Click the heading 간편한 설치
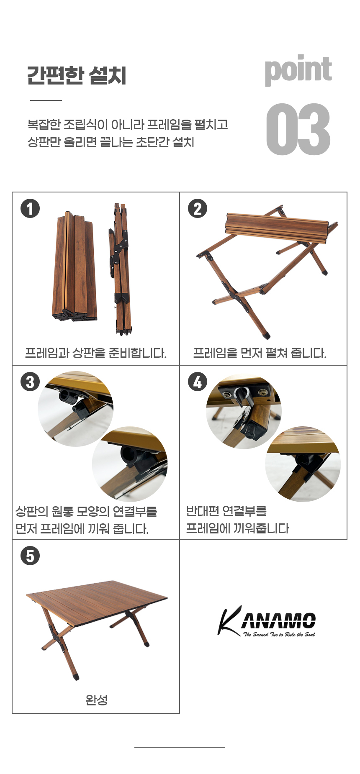[x=77, y=76]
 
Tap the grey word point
[x=298, y=70]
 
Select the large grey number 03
[x=298, y=129]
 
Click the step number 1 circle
[x=30, y=209]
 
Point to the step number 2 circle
[x=198, y=209]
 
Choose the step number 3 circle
[x=30, y=382]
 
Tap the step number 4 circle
[x=198, y=382]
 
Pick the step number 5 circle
[x=30, y=556]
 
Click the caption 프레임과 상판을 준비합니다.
[x=96, y=353]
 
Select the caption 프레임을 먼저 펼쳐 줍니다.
[x=260, y=353]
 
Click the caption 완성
[x=96, y=700]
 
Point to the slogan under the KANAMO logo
[x=279, y=634]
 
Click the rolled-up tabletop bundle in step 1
[x=75, y=267]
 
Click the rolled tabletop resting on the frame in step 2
[x=276, y=228]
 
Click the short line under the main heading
[x=46, y=100]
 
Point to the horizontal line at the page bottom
[x=180, y=747]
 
